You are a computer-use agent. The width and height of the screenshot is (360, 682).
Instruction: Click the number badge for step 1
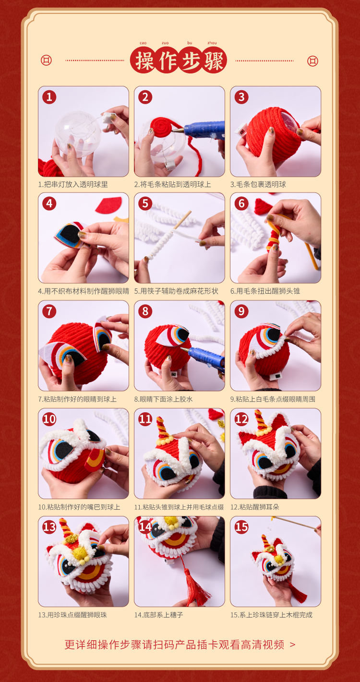[49, 97]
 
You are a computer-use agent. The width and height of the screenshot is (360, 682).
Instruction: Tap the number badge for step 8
[145, 311]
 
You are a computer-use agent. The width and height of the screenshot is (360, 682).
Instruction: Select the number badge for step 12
[241, 419]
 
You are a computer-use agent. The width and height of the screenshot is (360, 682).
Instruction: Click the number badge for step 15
[241, 527]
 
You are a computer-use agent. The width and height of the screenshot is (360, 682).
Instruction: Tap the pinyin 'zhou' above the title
[212, 43]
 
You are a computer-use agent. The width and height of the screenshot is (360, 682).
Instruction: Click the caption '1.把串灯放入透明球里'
[73, 184]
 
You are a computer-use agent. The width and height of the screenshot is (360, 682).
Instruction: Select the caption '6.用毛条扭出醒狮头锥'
[265, 291]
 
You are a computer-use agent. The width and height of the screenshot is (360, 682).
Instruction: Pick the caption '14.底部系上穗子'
[159, 615]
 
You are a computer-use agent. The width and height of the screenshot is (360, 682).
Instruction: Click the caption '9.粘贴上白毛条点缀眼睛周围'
[273, 399]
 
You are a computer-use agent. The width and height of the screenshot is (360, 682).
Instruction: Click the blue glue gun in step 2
[203, 131]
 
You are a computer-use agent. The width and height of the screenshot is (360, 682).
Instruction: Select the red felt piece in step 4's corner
[109, 205]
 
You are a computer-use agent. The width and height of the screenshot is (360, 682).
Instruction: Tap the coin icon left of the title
[46, 60]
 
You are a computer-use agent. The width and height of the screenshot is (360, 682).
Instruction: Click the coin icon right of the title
[313, 61]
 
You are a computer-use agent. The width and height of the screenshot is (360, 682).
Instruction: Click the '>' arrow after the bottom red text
[292, 645]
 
